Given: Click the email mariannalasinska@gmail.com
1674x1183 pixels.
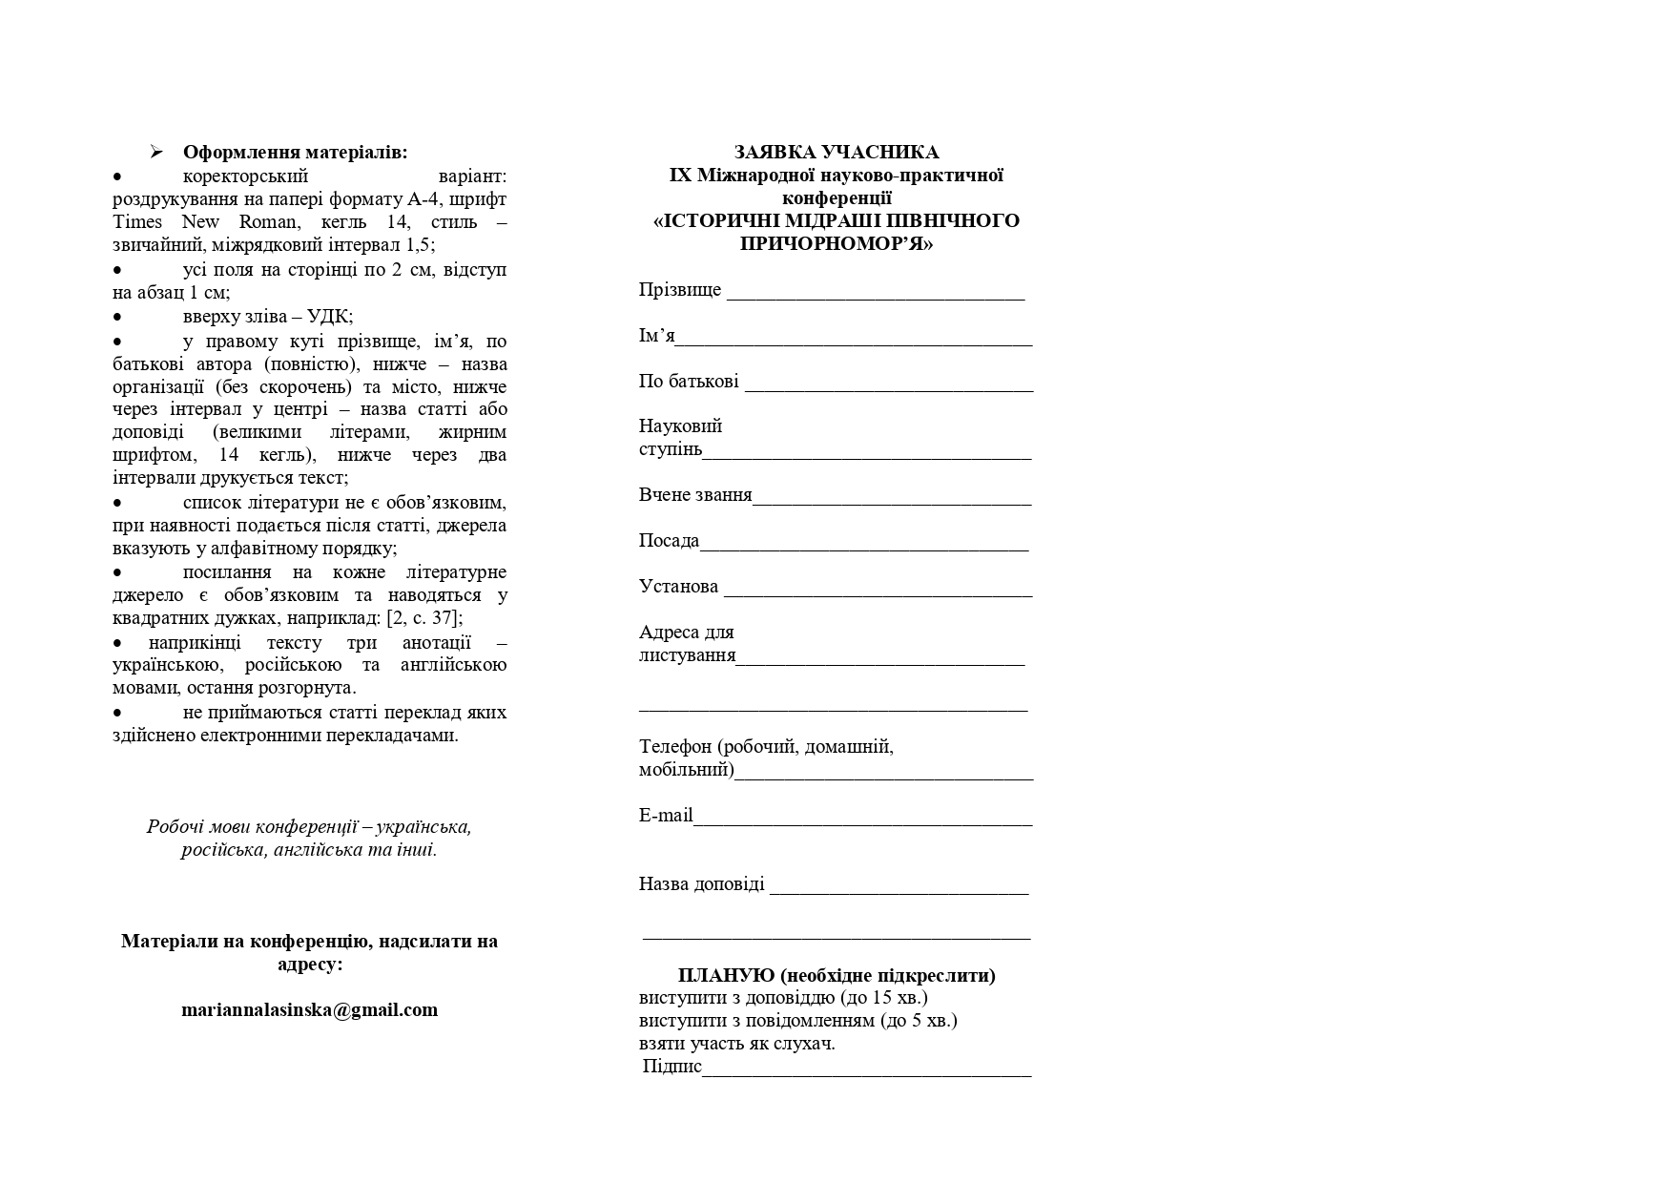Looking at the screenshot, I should [x=309, y=1009].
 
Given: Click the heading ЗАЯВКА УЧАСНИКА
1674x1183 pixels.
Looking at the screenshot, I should [x=836, y=152].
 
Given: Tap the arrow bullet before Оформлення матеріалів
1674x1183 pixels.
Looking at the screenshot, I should [x=156, y=153].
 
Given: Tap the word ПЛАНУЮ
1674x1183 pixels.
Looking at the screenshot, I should [x=726, y=975].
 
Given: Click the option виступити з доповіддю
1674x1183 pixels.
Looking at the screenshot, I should [x=739, y=998].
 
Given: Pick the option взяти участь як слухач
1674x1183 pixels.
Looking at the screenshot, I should [x=736, y=1044].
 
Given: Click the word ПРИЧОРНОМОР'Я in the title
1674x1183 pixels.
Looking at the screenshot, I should [x=836, y=243].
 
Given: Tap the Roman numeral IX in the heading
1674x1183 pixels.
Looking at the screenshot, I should [x=680, y=176].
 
